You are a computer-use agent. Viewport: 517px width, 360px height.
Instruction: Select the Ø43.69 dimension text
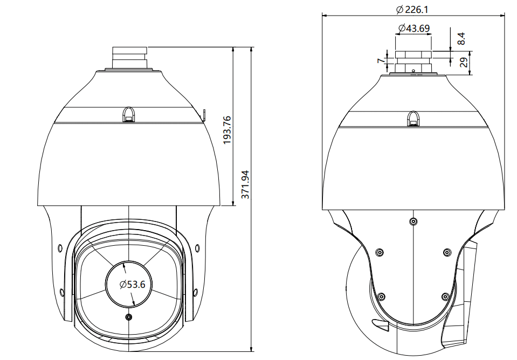[413, 29]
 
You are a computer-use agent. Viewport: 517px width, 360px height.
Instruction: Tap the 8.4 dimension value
[461, 38]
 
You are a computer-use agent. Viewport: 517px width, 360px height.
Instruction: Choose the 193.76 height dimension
[227, 130]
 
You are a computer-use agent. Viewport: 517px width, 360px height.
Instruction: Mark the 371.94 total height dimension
[246, 185]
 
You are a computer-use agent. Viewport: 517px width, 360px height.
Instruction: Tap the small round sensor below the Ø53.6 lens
[128, 317]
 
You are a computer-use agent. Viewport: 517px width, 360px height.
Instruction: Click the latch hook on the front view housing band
[129, 114]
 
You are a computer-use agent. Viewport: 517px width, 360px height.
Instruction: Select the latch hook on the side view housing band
[412, 119]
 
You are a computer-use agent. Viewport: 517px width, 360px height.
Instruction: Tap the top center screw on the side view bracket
[413, 221]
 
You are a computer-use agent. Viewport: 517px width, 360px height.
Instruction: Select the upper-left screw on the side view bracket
[379, 252]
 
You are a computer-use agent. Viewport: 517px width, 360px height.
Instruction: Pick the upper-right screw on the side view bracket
[446, 252]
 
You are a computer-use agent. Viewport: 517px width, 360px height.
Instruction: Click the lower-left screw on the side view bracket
[381, 296]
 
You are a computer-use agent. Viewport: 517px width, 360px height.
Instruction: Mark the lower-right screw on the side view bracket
[445, 296]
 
